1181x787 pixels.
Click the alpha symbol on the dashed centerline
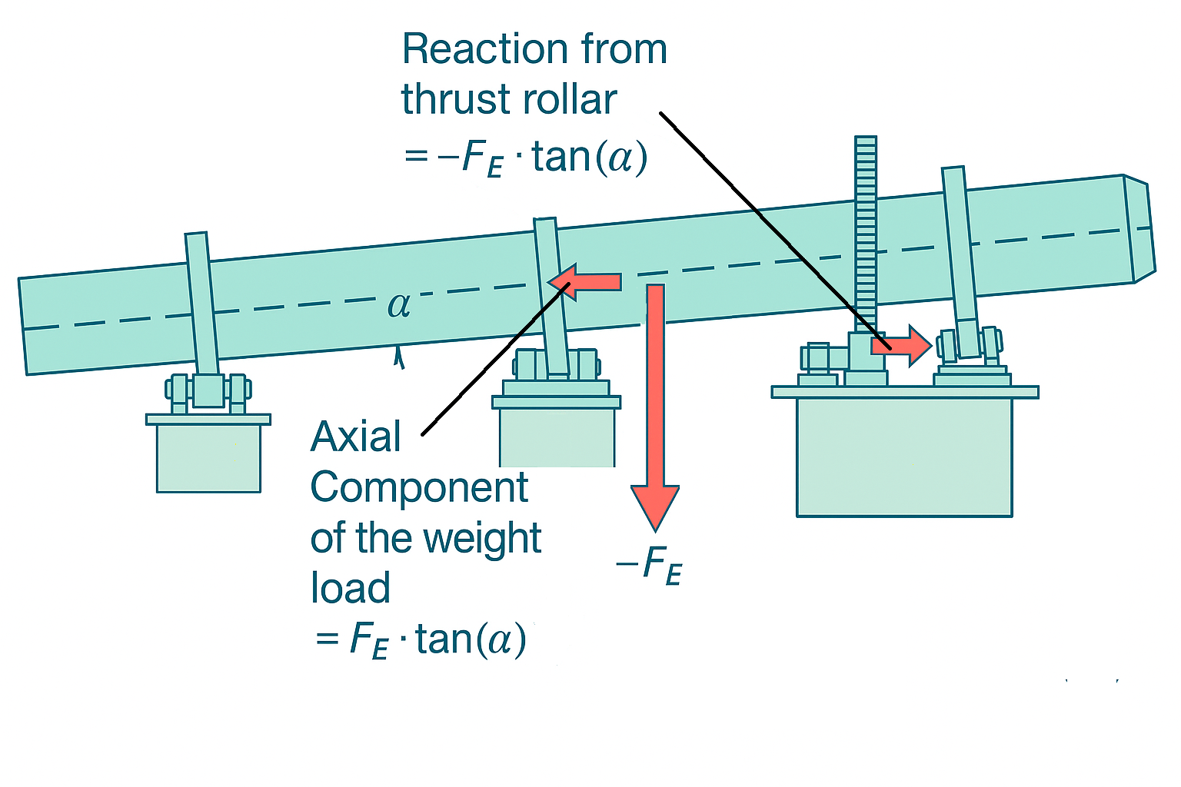coord(399,305)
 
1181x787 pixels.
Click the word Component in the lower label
coord(419,487)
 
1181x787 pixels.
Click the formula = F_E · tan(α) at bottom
coord(421,639)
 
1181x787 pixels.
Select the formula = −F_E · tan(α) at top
coord(525,158)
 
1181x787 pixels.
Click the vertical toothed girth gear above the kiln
coord(866,231)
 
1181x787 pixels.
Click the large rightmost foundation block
coord(904,457)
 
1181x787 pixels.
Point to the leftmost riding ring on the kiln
coord(201,304)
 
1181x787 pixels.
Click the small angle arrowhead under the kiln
coord(398,357)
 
